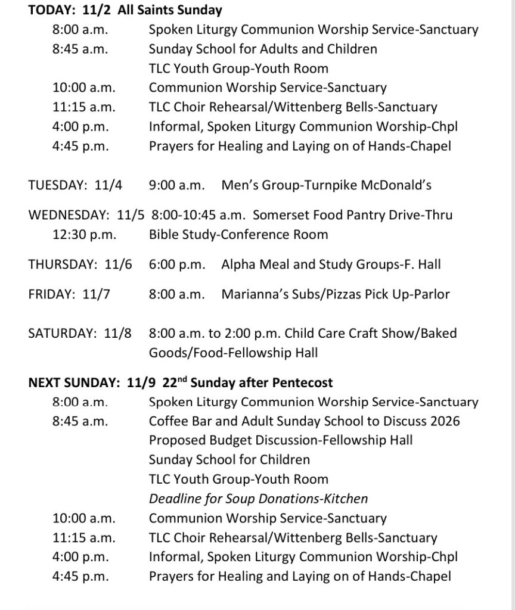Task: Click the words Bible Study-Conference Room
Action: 238,234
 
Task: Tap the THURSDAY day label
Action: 61,264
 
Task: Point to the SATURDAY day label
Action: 62,333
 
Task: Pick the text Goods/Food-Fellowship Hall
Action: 233,353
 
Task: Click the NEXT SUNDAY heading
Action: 74,382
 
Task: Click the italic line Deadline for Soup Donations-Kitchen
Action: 258,499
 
